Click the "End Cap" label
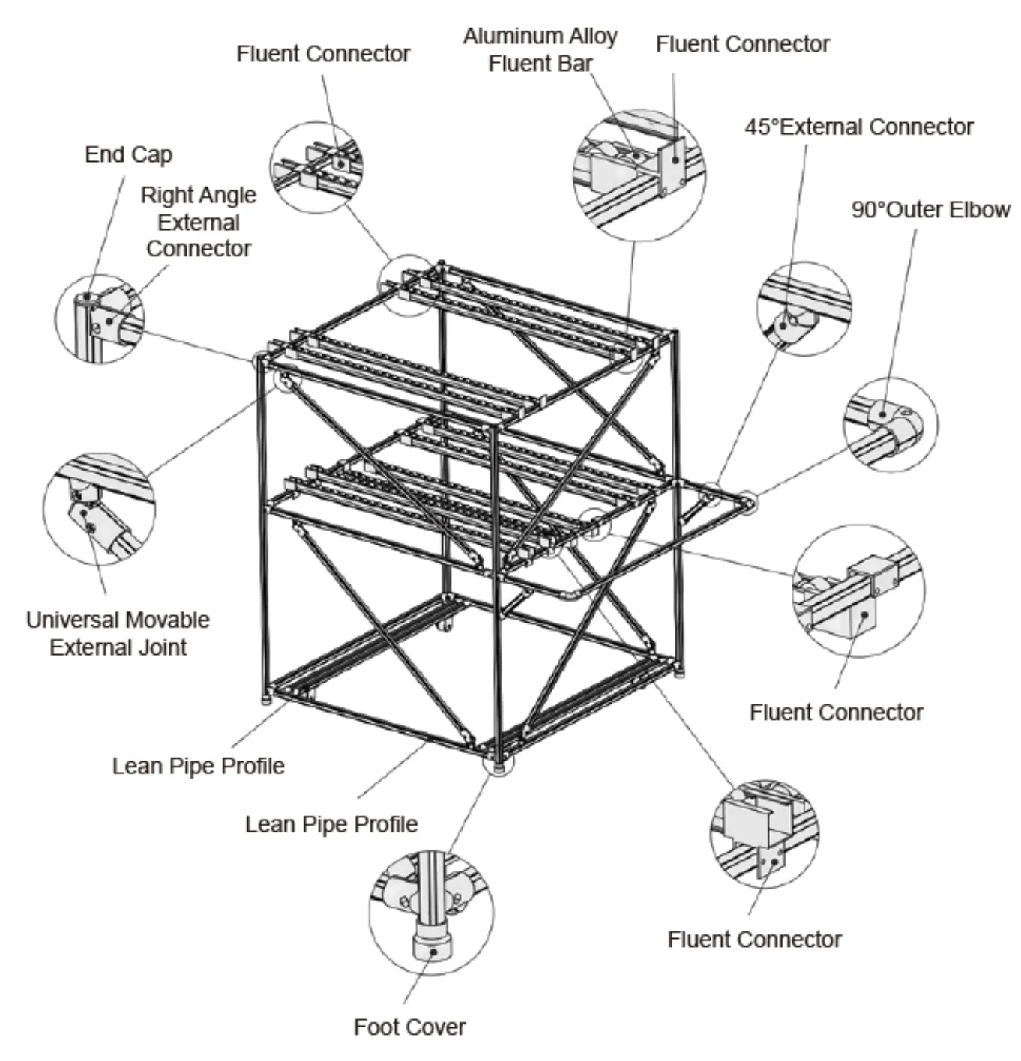[128, 154]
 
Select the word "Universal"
[71, 620]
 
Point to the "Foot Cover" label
[409, 1027]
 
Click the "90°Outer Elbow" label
[930, 210]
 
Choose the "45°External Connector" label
[858, 127]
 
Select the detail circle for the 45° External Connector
[804, 308]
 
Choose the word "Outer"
[916, 210]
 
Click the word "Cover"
[438, 1027]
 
